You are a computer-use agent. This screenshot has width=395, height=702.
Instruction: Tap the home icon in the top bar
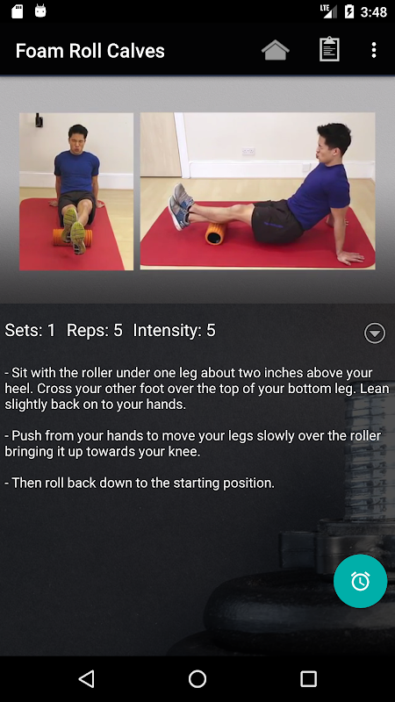[276, 50]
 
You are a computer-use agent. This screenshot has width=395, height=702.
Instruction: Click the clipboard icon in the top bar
[329, 49]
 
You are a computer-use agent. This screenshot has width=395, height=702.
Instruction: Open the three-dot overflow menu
[374, 50]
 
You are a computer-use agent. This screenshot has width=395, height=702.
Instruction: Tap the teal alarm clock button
[360, 581]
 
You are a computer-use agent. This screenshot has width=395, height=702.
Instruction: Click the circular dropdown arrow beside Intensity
[375, 333]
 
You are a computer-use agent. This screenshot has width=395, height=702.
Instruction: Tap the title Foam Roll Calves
[90, 51]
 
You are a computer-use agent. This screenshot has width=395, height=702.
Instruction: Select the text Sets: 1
[30, 331]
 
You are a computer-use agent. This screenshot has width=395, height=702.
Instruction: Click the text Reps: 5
[95, 331]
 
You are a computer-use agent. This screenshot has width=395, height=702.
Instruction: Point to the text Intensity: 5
[174, 331]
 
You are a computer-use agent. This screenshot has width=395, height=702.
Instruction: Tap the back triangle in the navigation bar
[86, 678]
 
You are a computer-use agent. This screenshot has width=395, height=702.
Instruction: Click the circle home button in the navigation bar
[197, 678]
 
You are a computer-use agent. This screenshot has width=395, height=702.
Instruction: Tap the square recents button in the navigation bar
[308, 678]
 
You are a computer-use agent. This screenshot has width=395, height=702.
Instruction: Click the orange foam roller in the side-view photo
[216, 233]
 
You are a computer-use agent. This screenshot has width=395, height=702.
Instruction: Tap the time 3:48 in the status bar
[374, 12]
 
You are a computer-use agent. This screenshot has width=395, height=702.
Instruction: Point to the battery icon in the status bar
[348, 11]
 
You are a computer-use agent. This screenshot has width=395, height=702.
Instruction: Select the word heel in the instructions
[18, 388]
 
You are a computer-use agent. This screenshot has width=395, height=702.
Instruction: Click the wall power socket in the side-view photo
[248, 152]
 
